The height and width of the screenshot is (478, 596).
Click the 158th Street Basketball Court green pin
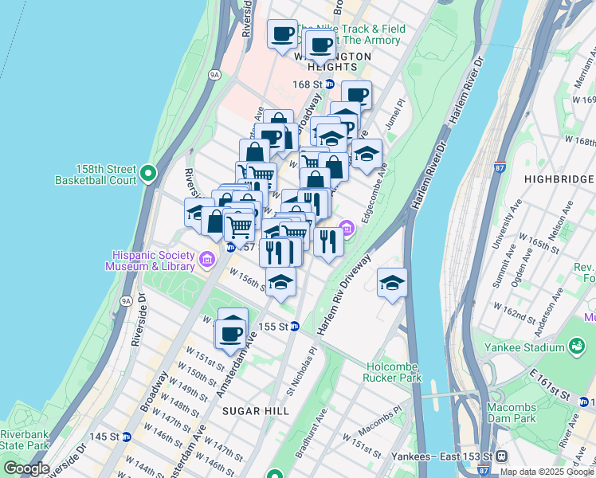[147, 173]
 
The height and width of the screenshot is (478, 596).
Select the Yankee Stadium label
[523, 348]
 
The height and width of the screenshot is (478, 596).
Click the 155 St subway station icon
[295, 326]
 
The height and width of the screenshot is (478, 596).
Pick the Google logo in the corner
[26, 468]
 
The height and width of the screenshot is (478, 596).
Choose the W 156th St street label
[248, 281]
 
